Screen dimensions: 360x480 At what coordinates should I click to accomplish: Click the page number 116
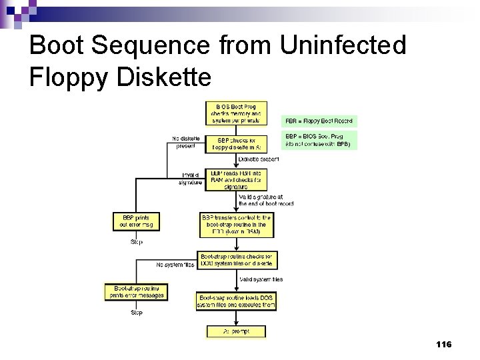click(x=443, y=344)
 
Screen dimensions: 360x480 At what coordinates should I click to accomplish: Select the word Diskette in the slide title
click(x=163, y=77)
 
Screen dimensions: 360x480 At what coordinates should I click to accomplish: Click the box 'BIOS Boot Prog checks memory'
click(x=235, y=113)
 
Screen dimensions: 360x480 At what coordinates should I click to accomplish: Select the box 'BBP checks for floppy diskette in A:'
click(x=235, y=144)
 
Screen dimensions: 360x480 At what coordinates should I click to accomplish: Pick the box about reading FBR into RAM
click(x=235, y=180)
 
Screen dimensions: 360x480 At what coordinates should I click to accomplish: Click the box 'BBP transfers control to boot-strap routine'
click(x=235, y=225)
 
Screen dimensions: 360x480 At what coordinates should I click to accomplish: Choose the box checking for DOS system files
click(x=237, y=260)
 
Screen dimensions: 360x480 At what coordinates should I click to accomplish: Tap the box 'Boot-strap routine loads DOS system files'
click(x=236, y=301)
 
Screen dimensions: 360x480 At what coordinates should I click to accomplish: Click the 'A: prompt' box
click(x=236, y=331)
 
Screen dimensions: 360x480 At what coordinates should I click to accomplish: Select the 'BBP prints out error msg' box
click(x=137, y=221)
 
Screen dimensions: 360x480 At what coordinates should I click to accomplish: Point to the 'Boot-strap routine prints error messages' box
click(x=135, y=292)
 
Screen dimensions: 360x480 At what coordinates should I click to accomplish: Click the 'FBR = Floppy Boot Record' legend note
click(x=320, y=121)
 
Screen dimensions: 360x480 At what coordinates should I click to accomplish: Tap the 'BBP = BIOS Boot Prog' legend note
click(x=320, y=140)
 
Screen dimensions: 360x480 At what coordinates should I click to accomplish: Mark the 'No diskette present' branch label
click(x=185, y=142)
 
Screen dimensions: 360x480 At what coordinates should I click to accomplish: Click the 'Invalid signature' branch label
click(x=190, y=179)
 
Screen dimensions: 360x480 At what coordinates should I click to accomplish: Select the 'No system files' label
click(x=175, y=265)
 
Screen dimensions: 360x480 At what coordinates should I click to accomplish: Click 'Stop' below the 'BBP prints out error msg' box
click(x=136, y=241)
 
